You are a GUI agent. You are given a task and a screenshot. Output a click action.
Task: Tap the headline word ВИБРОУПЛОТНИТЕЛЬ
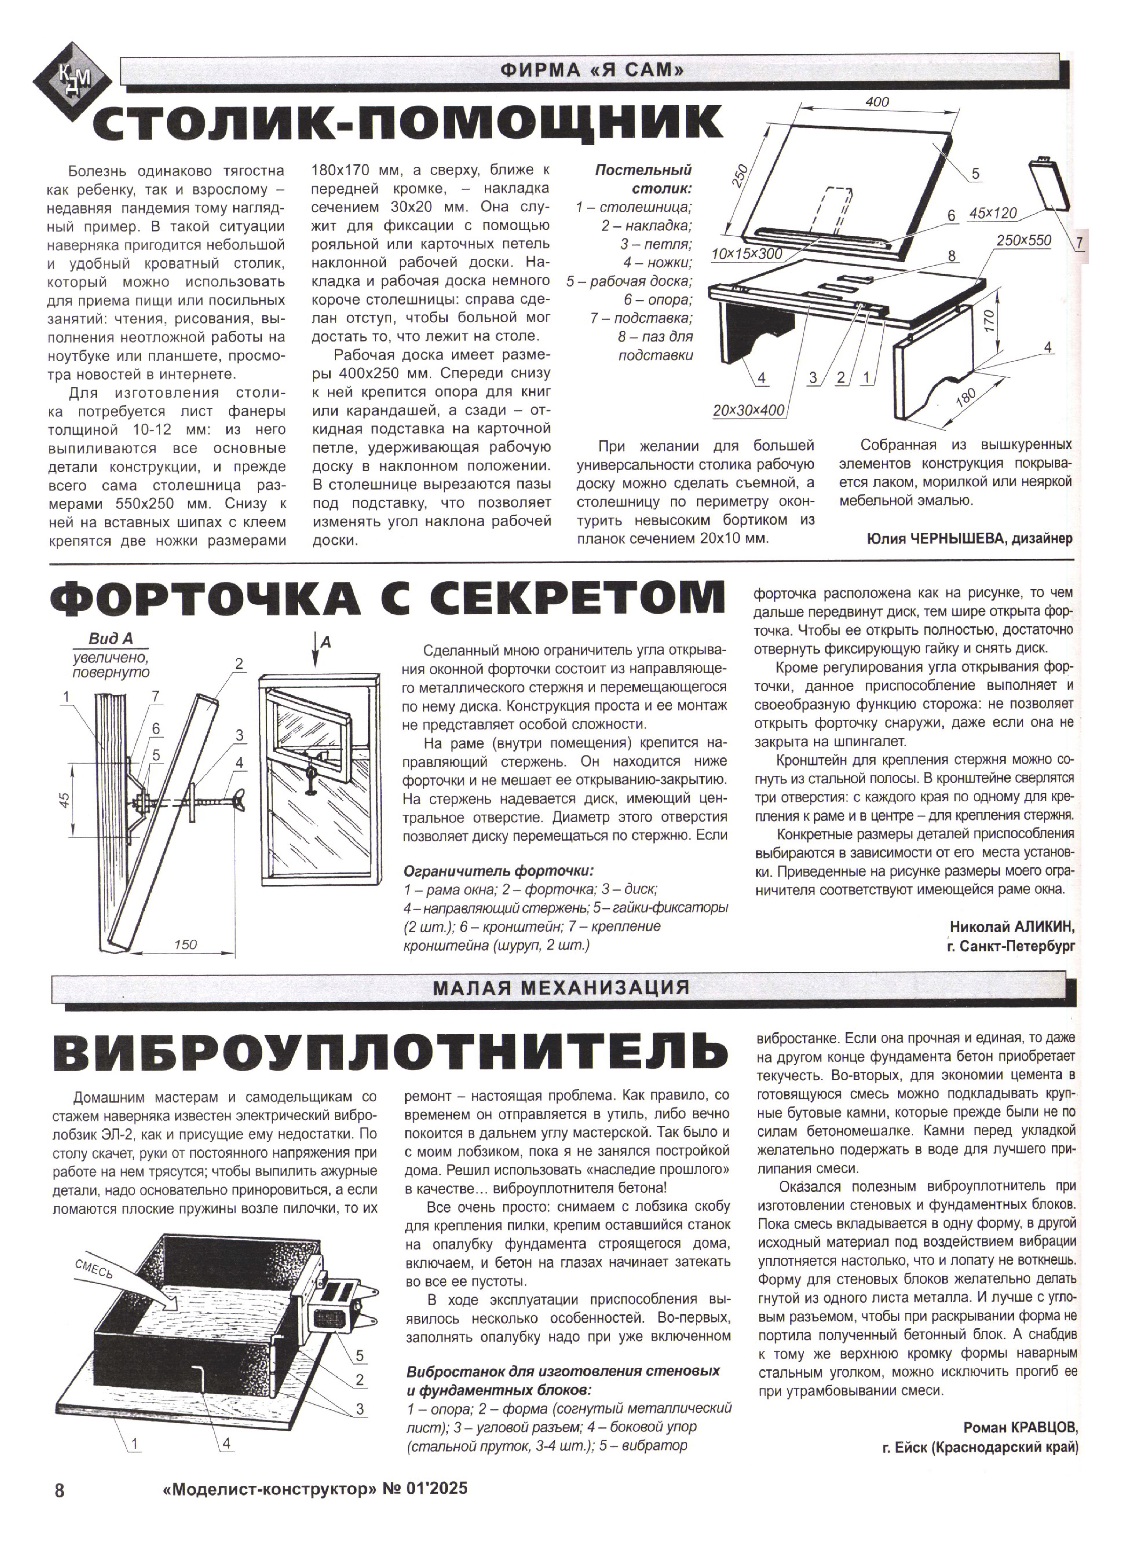point(389,1056)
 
